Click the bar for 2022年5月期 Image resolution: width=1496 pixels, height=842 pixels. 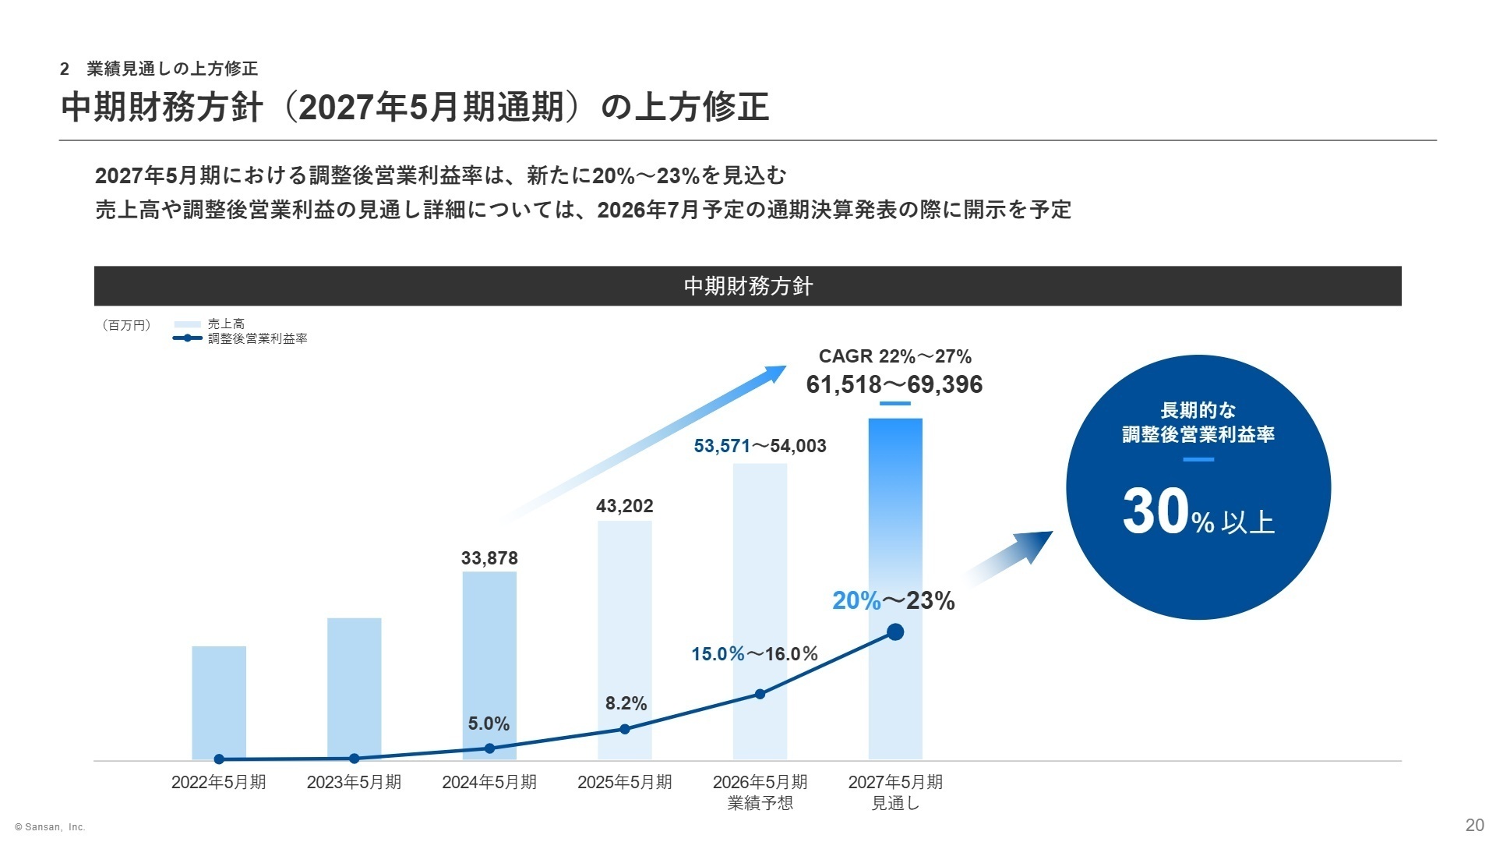[219, 702]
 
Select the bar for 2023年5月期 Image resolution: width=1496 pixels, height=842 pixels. [355, 686]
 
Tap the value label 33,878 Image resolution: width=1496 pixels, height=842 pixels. [489, 558]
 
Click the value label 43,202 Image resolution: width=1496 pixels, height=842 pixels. [625, 506]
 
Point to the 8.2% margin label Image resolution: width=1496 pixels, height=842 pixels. [626, 703]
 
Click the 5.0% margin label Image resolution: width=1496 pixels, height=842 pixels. [489, 723]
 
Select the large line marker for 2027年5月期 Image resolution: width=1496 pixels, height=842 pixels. [895, 632]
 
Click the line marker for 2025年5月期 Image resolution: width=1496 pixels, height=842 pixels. [625, 729]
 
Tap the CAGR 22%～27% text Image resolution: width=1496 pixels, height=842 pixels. [894, 356]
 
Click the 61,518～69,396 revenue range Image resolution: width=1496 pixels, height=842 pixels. [894, 384]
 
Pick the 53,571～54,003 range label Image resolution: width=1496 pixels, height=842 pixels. [760, 446]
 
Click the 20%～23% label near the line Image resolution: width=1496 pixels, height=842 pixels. [893, 600]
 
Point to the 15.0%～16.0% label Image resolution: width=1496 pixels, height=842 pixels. [754, 654]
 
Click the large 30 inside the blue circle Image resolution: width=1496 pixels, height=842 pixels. [1156, 512]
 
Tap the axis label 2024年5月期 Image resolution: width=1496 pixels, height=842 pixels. [489, 782]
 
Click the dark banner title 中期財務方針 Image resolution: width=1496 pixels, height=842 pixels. [747, 286]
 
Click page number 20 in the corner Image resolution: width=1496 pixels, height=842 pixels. [1474, 826]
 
